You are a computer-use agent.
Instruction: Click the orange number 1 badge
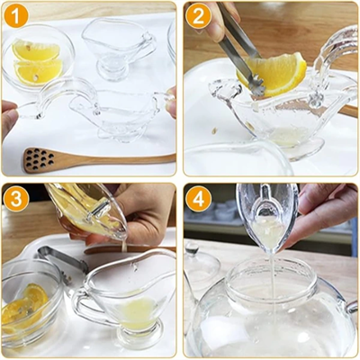pyautogui.click(x=16, y=16)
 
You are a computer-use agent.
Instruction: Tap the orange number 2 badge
pyautogui.click(x=198, y=16)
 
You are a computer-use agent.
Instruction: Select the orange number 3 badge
pyautogui.click(x=16, y=198)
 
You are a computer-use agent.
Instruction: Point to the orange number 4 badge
pyautogui.click(x=198, y=198)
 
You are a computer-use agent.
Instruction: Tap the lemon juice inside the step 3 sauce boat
pyautogui.click(x=138, y=312)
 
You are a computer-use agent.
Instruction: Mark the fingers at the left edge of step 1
pyautogui.click(x=7, y=117)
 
